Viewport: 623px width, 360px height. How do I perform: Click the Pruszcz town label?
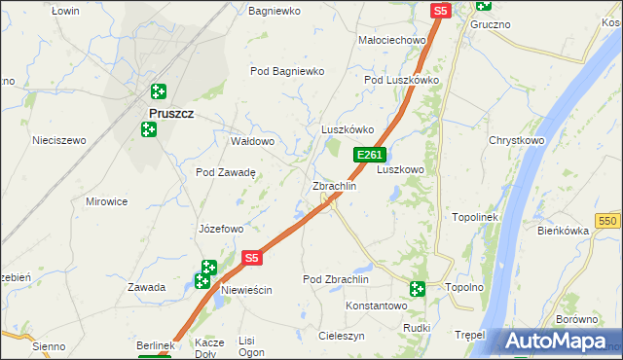pos(170,113)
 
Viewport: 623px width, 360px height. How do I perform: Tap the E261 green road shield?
pos(370,155)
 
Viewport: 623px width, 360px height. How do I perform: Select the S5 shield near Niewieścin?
pos(252,258)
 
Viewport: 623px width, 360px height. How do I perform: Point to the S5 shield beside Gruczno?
pos(441,11)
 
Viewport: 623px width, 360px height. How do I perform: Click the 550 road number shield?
pos(609,222)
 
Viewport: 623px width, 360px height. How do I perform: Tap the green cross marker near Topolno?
pos(418,288)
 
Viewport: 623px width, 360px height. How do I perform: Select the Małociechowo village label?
pos(393,40)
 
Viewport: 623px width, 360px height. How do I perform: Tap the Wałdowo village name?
pos(252,141)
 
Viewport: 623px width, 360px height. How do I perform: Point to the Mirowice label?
pos(107,201)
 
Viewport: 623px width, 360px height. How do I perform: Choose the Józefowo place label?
pos(220,230)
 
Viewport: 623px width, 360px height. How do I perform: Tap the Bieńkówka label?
pos(564,231)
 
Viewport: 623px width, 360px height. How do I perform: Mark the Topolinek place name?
pos(475,217)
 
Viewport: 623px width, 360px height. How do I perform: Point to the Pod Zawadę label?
pos(225,172)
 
